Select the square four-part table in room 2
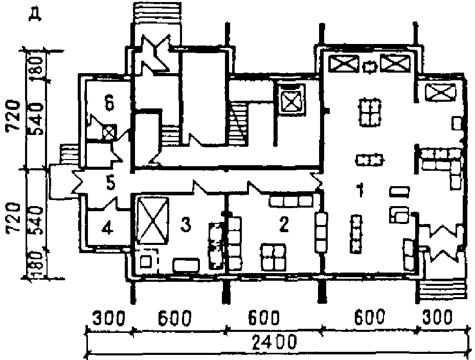[x=274, y=256]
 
